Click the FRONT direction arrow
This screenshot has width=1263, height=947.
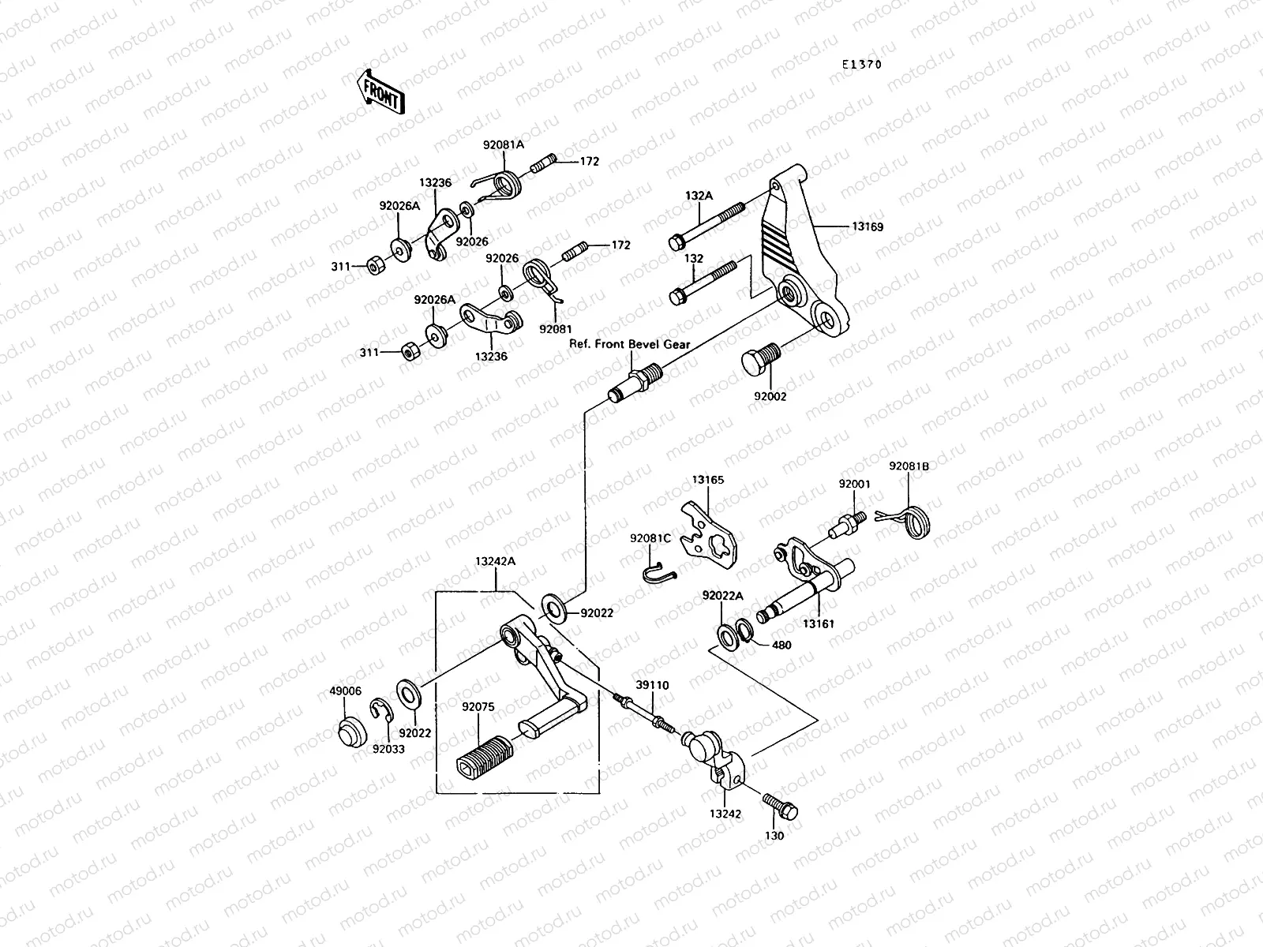coord(381,91)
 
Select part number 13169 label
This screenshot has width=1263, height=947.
coord(867,226)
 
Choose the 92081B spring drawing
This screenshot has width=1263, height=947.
coord(918,521)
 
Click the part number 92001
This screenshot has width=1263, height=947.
coord(854,484)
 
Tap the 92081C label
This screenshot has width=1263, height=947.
coord(650,537)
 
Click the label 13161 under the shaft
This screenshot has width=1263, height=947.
coord(819,623)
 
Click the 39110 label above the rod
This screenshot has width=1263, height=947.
coord(652,686)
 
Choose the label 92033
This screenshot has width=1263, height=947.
coord(388,748)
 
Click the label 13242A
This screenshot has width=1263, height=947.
coord(495,562)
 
